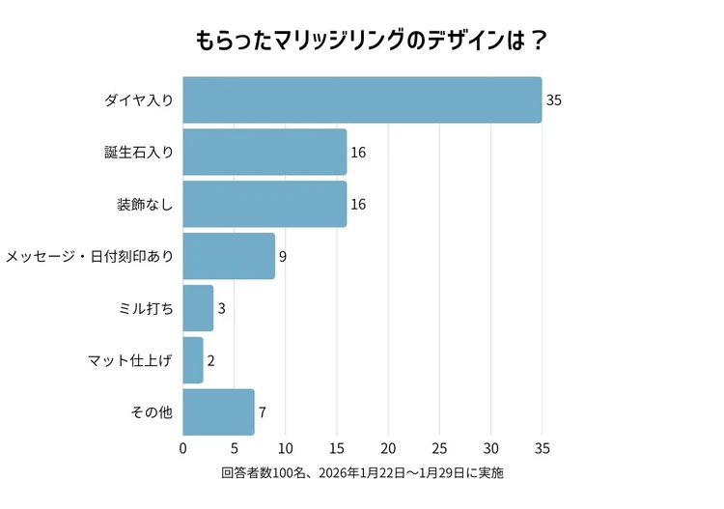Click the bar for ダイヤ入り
362,100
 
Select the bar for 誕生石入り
265,153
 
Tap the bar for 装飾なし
265,204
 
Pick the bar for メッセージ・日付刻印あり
229,256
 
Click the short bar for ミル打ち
198,308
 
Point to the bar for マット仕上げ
193,360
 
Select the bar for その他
218,412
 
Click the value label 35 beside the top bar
554,100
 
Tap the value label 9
283,257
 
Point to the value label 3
221,309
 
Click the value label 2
210,361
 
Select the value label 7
262,413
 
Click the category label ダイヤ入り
139,100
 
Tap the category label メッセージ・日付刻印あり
90,257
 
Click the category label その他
152,413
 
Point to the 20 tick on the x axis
388,448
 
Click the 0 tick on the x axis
182,448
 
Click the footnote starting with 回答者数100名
362,474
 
